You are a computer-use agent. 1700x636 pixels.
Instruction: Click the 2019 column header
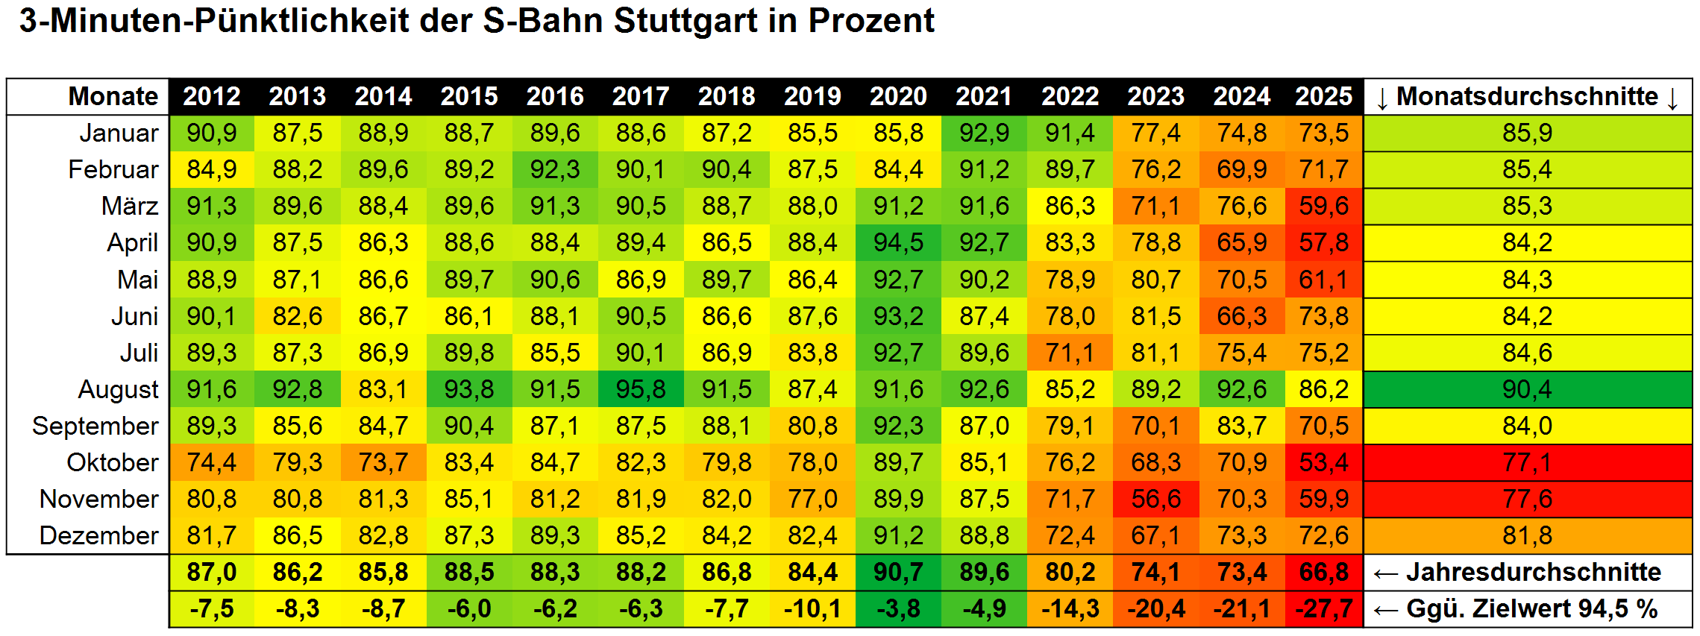812,96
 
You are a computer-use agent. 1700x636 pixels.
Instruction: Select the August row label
118,389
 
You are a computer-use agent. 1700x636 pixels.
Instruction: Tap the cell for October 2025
1323,462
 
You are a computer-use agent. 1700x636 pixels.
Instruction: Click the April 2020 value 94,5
898,242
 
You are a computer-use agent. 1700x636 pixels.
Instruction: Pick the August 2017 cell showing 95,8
641,389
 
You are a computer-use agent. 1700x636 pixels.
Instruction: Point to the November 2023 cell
1155,499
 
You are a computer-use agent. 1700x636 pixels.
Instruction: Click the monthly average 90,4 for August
1527,389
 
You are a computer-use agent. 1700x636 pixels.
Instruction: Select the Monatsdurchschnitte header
1527,96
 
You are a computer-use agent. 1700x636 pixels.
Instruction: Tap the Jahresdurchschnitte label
1533,572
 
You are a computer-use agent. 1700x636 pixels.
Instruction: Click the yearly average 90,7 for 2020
898,572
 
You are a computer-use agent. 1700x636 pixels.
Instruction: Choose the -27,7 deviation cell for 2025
1323,608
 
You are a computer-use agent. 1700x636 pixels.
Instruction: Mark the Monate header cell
113,96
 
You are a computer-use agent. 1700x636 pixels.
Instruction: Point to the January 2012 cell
212,133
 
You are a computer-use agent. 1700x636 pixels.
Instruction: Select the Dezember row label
98,535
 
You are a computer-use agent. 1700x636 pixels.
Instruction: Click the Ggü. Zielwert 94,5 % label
1531,608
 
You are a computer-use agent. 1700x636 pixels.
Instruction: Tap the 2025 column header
1323,96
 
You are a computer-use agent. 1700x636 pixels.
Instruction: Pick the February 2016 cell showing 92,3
555,169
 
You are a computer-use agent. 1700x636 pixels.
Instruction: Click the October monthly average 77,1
1527,462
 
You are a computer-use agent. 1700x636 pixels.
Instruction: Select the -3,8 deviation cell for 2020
898,608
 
